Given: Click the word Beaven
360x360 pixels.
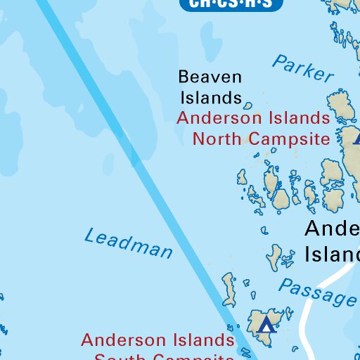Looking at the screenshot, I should [x=210, y=77].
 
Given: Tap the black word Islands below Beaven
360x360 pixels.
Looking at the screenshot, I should [x=210, y=97].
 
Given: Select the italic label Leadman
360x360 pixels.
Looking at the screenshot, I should [x=129, y=243].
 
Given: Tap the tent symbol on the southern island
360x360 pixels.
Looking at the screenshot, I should [x=265, y=324].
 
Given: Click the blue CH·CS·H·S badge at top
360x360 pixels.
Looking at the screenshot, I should [x=231, y=4].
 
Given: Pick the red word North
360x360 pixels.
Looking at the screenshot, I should [x=219, y=138].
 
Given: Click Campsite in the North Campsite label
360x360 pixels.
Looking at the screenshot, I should [x=290, y=138].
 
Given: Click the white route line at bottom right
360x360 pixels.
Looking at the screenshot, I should [x=308, y=316].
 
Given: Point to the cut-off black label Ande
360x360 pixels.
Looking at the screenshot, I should [x=331, y=229].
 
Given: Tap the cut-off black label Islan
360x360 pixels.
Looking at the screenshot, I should [x=332, y=253].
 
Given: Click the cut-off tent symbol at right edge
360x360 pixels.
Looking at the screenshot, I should [x=356, y=139].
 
